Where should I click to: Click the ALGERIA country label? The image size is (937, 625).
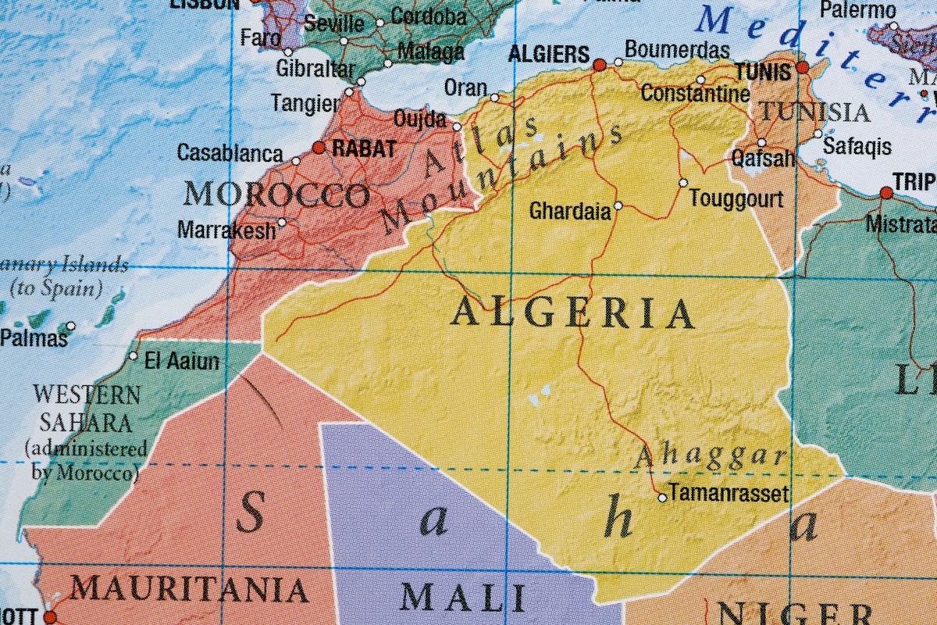[572, 314]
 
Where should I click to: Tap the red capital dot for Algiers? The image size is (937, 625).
[600, 65]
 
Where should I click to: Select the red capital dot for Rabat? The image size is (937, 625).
[319, 147]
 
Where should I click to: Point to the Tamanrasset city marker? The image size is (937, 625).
[662, 497]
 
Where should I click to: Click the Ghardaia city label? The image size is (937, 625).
[570, 211]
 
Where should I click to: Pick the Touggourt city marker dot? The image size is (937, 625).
[683, 183]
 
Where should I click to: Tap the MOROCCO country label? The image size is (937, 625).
[276, 195]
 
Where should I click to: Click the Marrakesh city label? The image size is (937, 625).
[226, 230]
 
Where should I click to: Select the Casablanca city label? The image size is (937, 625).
[230, 152]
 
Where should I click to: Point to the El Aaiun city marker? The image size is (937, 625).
[133, 356]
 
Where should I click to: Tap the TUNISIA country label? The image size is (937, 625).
[815, 112]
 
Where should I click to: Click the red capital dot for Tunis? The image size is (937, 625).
[802, 67]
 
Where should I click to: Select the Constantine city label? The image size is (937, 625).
[695, 94]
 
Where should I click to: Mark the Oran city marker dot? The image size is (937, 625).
[494, 98]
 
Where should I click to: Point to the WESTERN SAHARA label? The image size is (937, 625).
[87, 409]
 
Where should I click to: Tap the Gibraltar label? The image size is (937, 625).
[315, 69]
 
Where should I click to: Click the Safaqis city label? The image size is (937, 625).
[857, 145]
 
